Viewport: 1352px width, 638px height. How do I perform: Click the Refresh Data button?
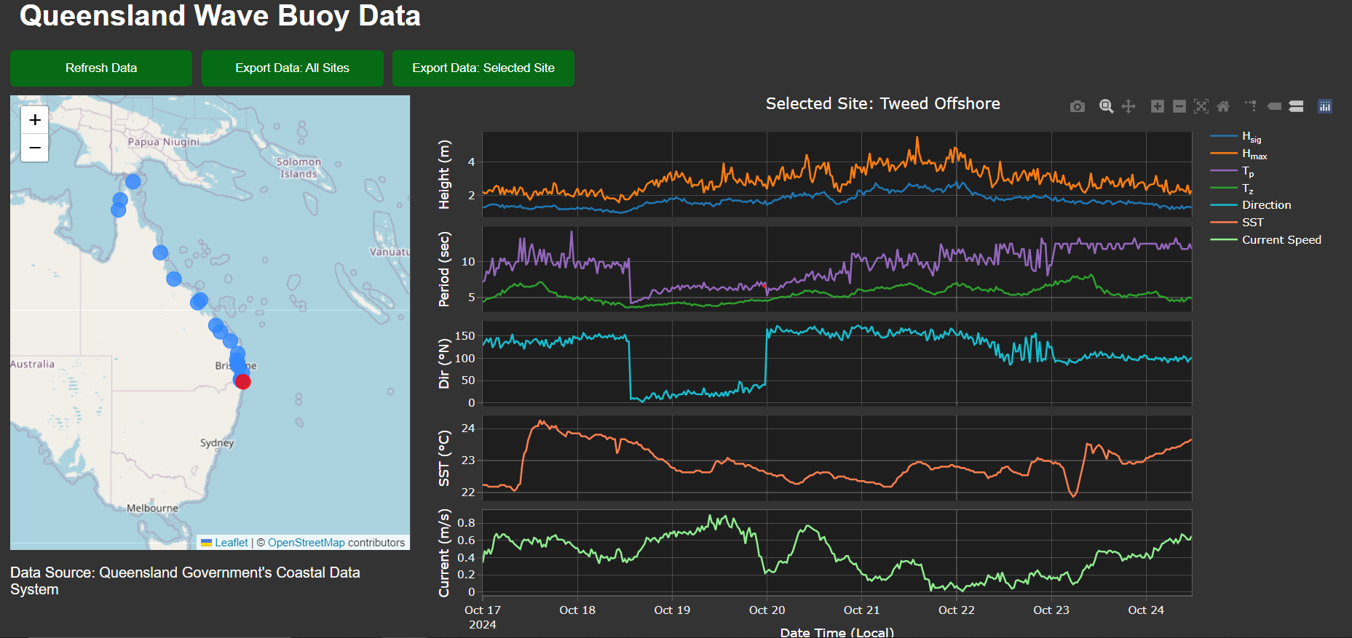[x=101, y=68]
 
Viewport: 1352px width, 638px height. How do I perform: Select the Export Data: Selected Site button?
[x=483, y=68]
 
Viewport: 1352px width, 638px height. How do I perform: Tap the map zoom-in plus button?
[x=35, y=120]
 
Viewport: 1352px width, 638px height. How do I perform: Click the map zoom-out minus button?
[x=35, y=148]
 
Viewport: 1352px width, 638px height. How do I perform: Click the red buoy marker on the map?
[x=243, y=382]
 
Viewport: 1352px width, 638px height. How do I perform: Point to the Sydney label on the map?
[x=217, y=443]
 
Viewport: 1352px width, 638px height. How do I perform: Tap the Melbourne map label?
[x=152, y=509]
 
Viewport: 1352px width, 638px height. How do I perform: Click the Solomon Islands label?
[x=299, y=168]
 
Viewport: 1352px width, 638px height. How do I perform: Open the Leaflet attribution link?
[x=231, y=543]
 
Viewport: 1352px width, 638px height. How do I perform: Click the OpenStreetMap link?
[x=306, y=543]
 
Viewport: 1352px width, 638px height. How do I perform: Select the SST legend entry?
[x=1252, y=223]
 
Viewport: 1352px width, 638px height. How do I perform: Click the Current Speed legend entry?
[x=1281, y=240]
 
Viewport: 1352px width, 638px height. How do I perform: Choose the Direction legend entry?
[x=1266, y=205]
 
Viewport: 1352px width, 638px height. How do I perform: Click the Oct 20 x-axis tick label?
[x=767, y=610]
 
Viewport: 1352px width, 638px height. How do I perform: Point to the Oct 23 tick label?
[x=1051, y=610]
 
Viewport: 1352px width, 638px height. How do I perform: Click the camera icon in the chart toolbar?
[x=1078, y=107]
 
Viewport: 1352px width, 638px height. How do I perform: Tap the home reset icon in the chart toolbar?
[x=1223, y=107]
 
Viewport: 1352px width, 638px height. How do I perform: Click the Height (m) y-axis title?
[x=444, y=175]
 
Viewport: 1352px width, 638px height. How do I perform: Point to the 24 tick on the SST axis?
[x=468, y=428]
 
